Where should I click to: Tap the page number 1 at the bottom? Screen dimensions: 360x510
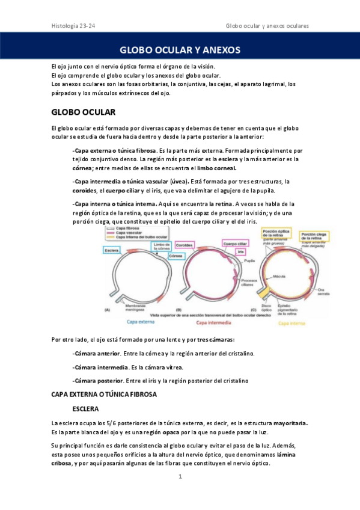[x=180, y=477]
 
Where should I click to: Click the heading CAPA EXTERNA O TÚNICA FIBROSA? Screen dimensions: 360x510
[x=104, y=395]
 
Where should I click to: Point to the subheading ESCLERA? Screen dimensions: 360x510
[x=88, y=409]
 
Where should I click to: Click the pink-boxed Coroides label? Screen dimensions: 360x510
[x=186, y=245]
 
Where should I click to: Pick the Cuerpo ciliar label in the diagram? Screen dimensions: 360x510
[x=234, y=244]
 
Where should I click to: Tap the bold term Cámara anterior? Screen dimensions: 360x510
[x=96, y=353]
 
